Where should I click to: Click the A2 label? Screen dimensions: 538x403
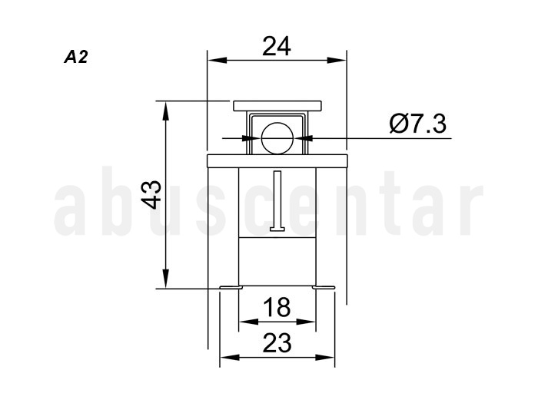[x=76, y=57]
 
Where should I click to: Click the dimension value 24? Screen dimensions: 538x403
[x=277, y=46]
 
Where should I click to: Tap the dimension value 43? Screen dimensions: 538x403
[x=151, y=195]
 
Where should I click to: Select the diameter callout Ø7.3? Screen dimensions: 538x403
[x=418, y=124]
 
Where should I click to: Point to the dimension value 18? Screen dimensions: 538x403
[x=277, y=307]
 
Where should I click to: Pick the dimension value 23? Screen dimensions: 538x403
[x=277, y=343]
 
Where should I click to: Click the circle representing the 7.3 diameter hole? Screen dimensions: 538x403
[x=277, y=138]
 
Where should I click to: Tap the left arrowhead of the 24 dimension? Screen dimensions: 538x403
[x=218, y=61]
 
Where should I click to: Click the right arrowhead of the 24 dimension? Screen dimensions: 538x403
[x=337, y=61]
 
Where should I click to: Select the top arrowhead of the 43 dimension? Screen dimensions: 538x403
[x=166, y=111]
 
